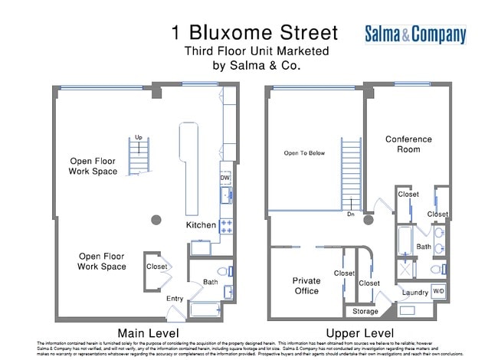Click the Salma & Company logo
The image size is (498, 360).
click(x=414, y=34)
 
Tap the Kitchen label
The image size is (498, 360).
click(x=201, y=225)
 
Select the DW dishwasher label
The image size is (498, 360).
click(x=225, y=178)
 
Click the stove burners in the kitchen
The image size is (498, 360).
click(x=227, y=225)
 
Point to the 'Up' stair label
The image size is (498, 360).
click(x=139, y=138)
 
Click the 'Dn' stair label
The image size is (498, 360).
click(x=350, y=214)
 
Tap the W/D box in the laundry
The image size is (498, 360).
click(x=438, y=291)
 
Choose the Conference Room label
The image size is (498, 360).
click(x=408, y=144)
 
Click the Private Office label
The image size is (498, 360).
click(x=306, y=286)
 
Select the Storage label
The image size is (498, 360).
click(x=365, y=311)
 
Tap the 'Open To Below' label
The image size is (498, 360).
click(x=304, y=153)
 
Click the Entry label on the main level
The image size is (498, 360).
click(x=175, y=299)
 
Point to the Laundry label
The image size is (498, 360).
click(x=414, y=293)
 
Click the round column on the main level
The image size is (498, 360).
click(x=156, y=221)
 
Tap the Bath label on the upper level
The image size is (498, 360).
click(x=424, y=247)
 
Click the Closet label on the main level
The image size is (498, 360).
click(x=157, y=267)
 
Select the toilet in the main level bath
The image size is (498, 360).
click(x=222, y=271)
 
